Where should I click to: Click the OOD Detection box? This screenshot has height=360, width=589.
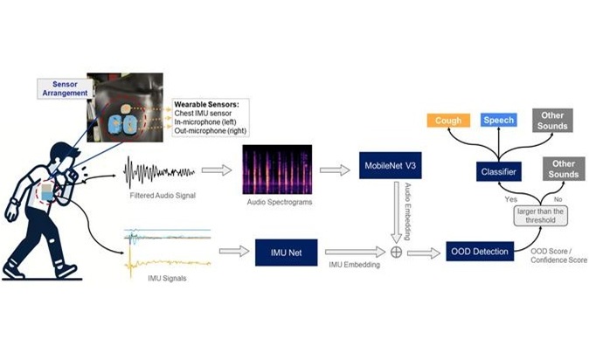[x=478, y=252]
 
